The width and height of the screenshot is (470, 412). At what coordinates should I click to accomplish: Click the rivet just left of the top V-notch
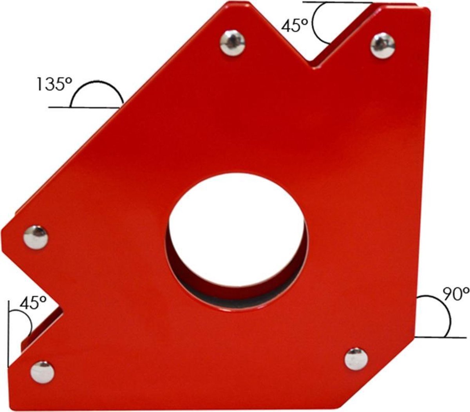click(232, 43)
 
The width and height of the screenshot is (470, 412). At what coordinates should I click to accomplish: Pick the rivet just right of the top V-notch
click(383, 45)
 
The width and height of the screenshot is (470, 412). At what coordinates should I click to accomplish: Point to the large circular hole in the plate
click(237, 242)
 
